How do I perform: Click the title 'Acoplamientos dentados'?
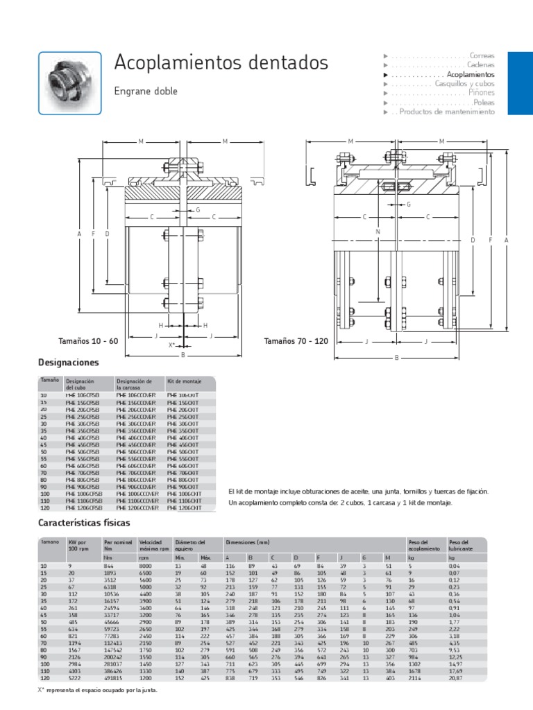pos(221,63)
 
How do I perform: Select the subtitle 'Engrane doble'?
pos(146,91)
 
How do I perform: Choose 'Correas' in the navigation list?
pos(482,55)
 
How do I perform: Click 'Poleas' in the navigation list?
pos(484,102)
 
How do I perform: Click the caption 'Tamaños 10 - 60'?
pos(89,341)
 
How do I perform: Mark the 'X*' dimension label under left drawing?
pos(172,345)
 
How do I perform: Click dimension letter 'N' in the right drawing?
pos(378,231)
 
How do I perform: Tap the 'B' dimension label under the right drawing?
pos(396,358)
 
